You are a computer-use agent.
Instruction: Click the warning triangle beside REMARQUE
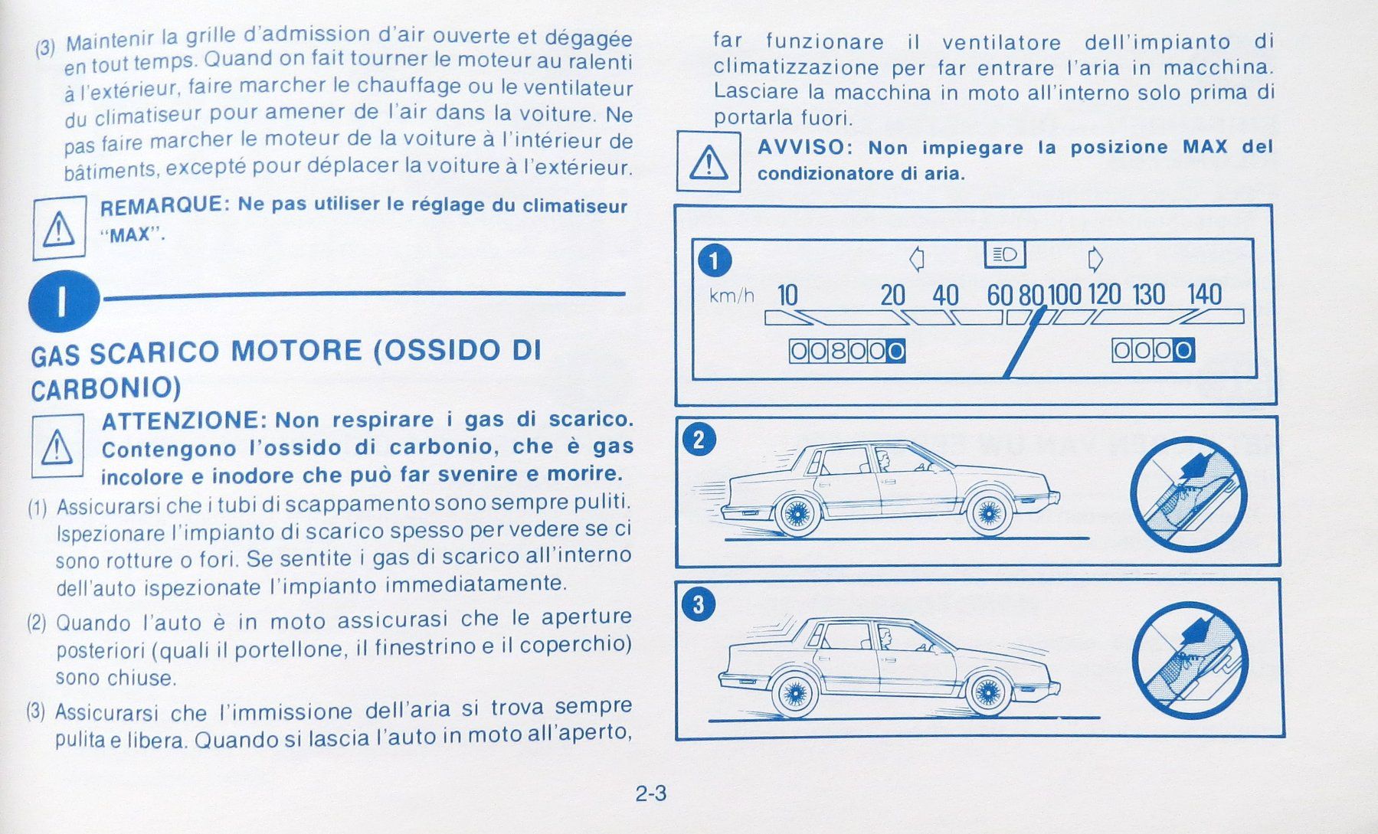coord(59,228)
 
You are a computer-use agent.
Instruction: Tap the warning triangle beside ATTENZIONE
coord(57,446)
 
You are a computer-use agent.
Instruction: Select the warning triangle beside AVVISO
coord(709,162)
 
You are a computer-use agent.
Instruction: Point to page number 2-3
coord(650,793)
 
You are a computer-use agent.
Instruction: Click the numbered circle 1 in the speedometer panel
coord(714,261)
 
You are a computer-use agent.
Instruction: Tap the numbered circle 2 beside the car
coord(698,440)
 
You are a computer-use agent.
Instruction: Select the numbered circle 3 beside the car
coord(698,605)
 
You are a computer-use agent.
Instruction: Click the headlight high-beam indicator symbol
coord(1004,254)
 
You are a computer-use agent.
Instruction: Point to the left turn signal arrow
coord(916,259)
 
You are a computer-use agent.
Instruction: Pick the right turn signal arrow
coord(1095,260)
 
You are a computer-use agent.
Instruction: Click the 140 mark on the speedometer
coord(1204,294)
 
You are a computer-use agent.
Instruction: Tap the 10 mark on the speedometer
coord(787,295)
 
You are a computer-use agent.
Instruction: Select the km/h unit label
coord(732,296)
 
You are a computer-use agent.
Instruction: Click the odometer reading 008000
coord(847,352)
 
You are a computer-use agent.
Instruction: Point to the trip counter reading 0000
coord(1153,351)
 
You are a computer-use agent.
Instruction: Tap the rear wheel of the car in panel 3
coord(796,694)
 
